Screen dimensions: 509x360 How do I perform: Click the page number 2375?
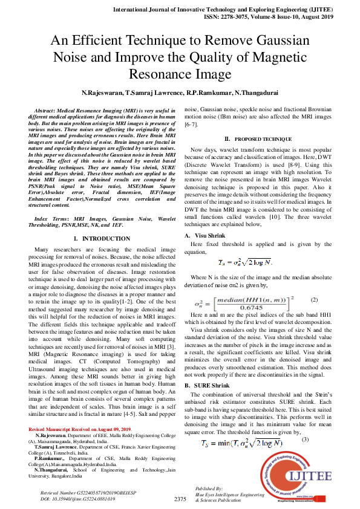[180, 499]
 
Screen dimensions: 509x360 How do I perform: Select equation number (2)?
[314, 300]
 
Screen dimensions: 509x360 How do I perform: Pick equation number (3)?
[313, 422]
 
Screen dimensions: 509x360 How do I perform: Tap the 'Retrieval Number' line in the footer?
[79, 494]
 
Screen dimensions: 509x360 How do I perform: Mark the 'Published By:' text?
[209, 488]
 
